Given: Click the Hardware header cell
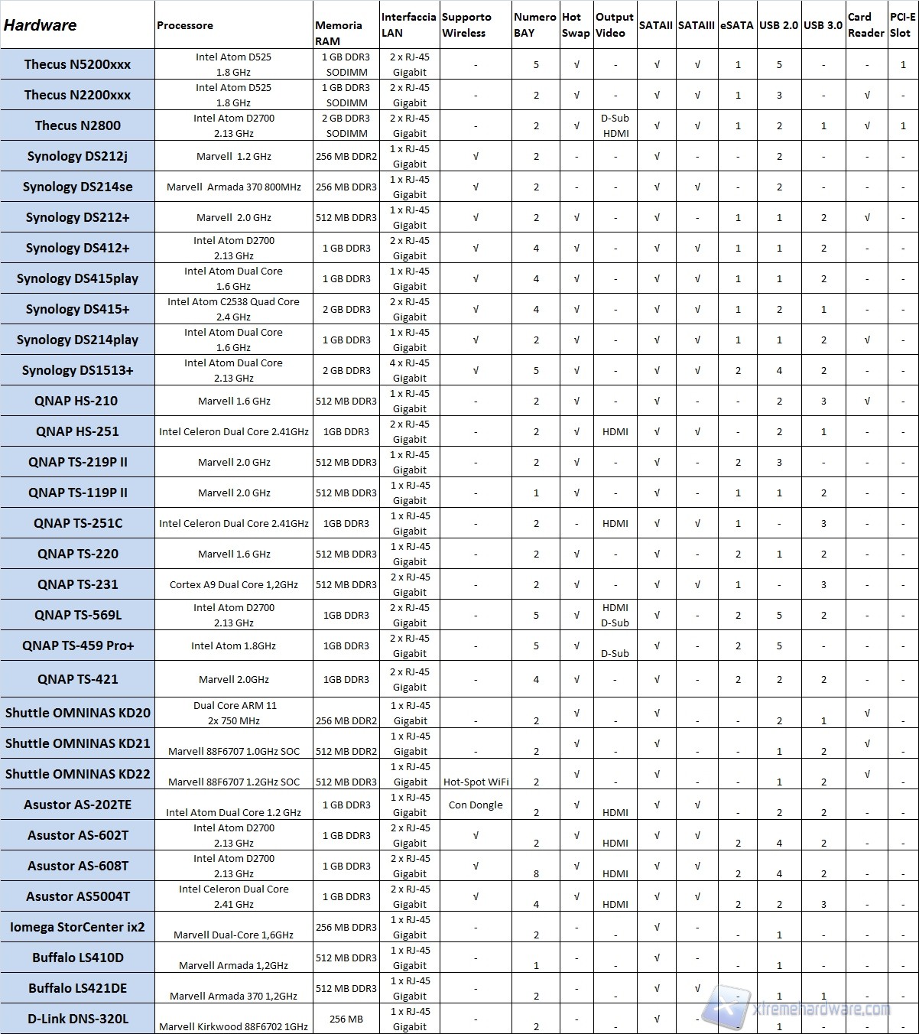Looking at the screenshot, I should [x=41, y=25].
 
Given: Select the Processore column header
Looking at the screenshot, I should [x=185, y=25].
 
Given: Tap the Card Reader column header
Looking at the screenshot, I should [x=865, y=24].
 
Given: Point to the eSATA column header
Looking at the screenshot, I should [x=736, y=25].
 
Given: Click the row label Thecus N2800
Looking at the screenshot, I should [x=77, y=125].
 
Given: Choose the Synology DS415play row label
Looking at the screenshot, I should [x=77, y=278].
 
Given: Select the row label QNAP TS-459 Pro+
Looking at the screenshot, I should [x=77, y=645].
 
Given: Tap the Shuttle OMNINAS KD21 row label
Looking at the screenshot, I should [x=77, y=743].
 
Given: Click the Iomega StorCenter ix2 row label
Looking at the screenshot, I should [x=77, y=927].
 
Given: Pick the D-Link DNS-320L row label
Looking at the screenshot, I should [x=77, y=1019].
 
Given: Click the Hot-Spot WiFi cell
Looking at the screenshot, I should [x=476, y=782].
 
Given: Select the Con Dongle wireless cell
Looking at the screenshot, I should [x=476, y=805].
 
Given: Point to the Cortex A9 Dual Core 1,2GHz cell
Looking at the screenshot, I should [x=233, y=584].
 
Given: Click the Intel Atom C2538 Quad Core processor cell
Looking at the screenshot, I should [x=233, y=309].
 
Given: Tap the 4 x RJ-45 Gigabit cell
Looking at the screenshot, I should [x=410, y=370].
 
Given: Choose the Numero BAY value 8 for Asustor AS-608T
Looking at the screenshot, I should [x=536, y=873].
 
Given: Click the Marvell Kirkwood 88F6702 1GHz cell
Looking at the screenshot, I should [x=233, y=1026].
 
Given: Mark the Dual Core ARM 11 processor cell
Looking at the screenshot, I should [x=233, y=713].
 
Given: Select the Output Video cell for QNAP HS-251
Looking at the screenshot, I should [x=615, y=431].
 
